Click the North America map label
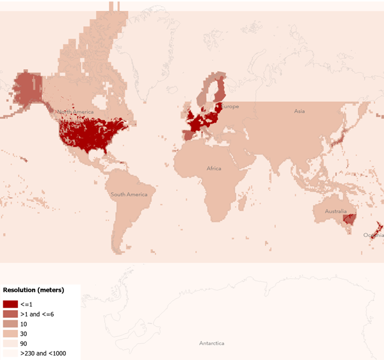(x=75, y=111)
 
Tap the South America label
(x=129, y=194)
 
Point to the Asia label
(x=299, y=111)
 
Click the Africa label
(x=214, y=168)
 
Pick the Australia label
(x=335, y=211)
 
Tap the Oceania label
(x=373, y=235)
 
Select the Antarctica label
(x=211, y=343)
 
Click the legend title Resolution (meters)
(x=33, y=290)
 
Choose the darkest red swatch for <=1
(x=10, y=304)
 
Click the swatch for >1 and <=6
(x=10, y=314)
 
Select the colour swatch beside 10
(x=10, y=323)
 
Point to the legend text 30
(x=24, y=334)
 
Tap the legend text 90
(x=24, y=343)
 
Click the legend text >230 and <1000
(x=43, y=353)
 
